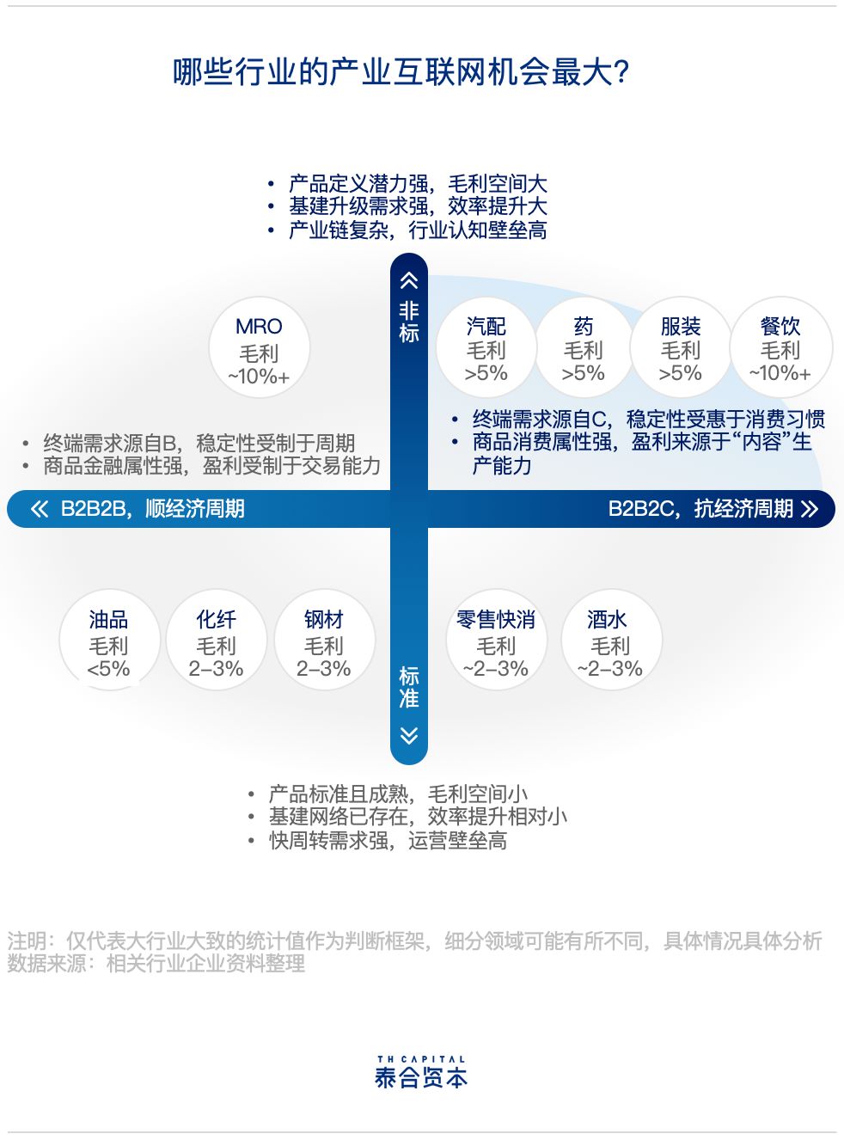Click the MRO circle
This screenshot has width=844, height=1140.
(259, 347)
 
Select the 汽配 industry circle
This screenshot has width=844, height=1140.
(486, 347)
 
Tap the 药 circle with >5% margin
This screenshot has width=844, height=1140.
(584, 347)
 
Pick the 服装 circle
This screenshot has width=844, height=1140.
(681, 347)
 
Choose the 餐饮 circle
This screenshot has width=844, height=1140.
(780, 347)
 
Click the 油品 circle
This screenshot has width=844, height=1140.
(109, 640)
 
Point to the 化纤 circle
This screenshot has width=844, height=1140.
(217, 640)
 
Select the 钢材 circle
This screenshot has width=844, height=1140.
(324, 640)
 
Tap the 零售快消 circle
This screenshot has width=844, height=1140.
(496, 640)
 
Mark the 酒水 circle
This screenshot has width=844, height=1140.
(611, 640)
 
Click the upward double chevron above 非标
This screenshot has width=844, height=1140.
(409, 280)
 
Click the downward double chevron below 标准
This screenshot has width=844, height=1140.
(409, 736)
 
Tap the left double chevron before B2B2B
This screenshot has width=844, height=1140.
(39, 509)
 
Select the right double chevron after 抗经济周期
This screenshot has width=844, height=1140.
(810, 509)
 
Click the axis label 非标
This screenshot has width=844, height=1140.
(409, 322)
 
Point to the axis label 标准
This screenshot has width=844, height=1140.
(409, 687)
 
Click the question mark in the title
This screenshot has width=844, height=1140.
(622, 72)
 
